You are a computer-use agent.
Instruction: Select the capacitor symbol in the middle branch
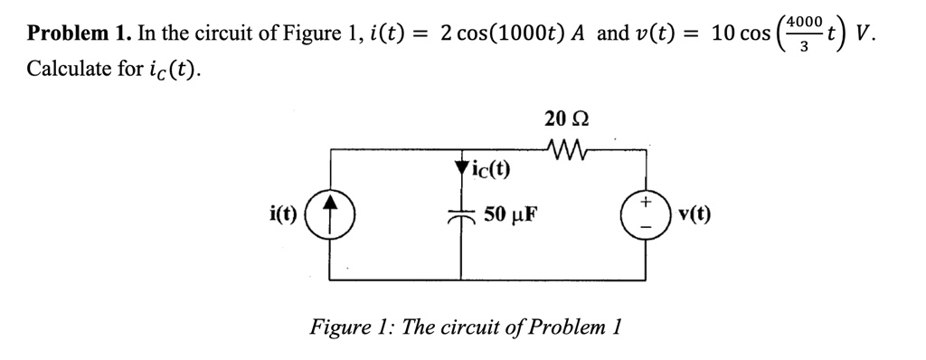[x=462, y=215]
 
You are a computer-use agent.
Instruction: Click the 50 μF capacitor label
[x=511, y=214]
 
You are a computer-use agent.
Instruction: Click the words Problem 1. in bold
[x=79, y=34]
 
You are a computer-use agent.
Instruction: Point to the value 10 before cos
[x=723, y=34]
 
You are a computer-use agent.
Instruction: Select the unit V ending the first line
[x=866, y=34]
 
